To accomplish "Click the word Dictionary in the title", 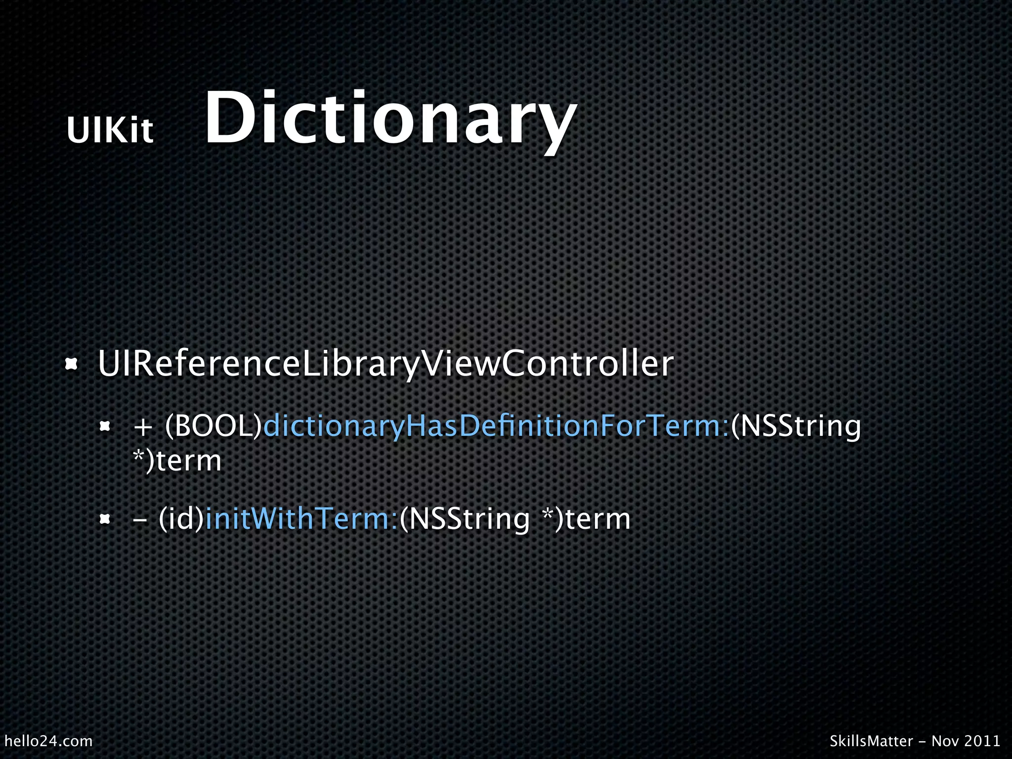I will pyautogui.click(x=390, y=120).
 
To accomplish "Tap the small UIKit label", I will pyautogui.click(x=110, y=130).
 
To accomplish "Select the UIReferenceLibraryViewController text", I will pyautogui.click(x=385, y=364).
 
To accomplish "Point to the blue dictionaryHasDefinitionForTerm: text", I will pyautogui.click(x=496, y=425).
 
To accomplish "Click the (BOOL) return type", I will pyautogui.click(x=213, y=425).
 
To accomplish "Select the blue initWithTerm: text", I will pyautogui.click(x=301, y=519).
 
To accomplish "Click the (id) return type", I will pyautogui.click(x=181, y=519).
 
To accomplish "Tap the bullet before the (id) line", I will pyautogui.click(x=104, y=519).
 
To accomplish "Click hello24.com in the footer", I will pyautogui.click(x=48, y=741).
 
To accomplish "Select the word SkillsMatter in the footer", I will pyautogui.click(x=871, y=741).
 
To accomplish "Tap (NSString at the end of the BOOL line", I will pyautogui.click(x=796, y=426).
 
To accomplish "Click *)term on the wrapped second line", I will pyautogui.click(x=177, y=461).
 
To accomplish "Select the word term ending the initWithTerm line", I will pyautogui.click(x=598, y=519).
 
